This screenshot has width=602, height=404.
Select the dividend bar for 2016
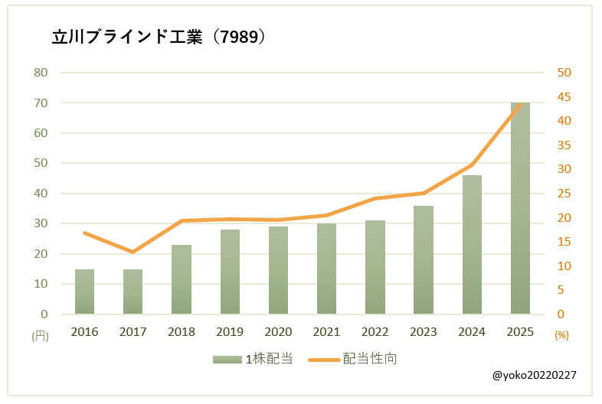click(x=84, y=292)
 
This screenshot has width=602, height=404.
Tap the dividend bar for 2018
click(x=182, y=279)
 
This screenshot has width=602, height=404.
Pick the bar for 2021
click(x=326, y=269)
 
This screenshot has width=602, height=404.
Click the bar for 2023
click(x=424, y=260)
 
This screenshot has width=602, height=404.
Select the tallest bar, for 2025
click(x=520, y=208)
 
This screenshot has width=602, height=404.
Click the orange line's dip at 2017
click(x=133, y=252)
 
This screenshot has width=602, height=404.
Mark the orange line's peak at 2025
click(x=520, y=104)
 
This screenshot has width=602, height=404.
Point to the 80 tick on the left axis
click(x=41, y=73)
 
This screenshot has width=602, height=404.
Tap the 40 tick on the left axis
click(x=41, y=194)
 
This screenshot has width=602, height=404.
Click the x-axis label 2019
click(x=230, y=331)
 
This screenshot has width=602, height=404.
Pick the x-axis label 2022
click(x=375, y=331)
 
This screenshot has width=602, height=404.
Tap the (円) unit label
click(x=40, y=335)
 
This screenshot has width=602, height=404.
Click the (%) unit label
click(x=561, y=335)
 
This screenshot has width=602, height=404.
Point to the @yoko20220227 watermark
click(x=535, y=376)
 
